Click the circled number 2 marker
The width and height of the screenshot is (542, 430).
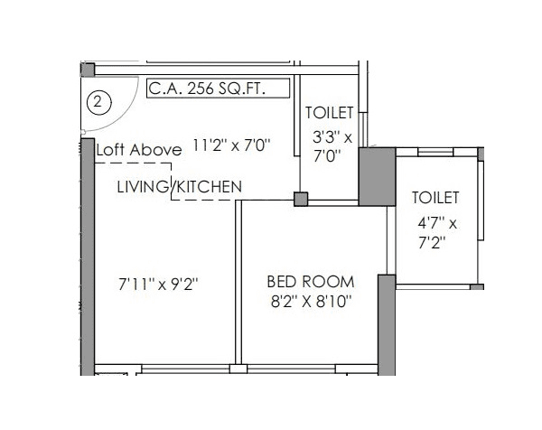pyautogui.click(x=98, y=101)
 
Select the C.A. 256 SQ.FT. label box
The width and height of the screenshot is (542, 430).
pyautogui.click(x=218, y=89)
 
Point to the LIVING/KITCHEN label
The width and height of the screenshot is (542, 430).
pyautogui.click(x=180, y=186)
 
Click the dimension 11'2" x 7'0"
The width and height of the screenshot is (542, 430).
pyautogui.click(x=233, y=145)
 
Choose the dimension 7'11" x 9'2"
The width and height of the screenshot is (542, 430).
pyautogui.click(x=158, y=285)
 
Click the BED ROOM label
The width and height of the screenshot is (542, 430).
pyautogui.click(x=310, y=281)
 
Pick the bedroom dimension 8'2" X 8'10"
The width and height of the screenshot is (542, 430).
pyautogui.click(x=310, y=301)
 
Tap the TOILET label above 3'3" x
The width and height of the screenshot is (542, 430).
pyautogui.click(x=330, y=113)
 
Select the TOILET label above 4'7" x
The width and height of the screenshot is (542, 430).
pyautogui.click(x=435, y=198)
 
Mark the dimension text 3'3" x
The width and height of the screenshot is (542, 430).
pyautogui.click(x=332, y=136)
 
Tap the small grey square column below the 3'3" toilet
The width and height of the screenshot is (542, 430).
pyautogui.click(x=302, y=199)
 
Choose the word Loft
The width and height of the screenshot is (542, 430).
pyautogui.click(x=111, y=150)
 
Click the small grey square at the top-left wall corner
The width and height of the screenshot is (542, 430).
pyautogui.click(x=88, y=70)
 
